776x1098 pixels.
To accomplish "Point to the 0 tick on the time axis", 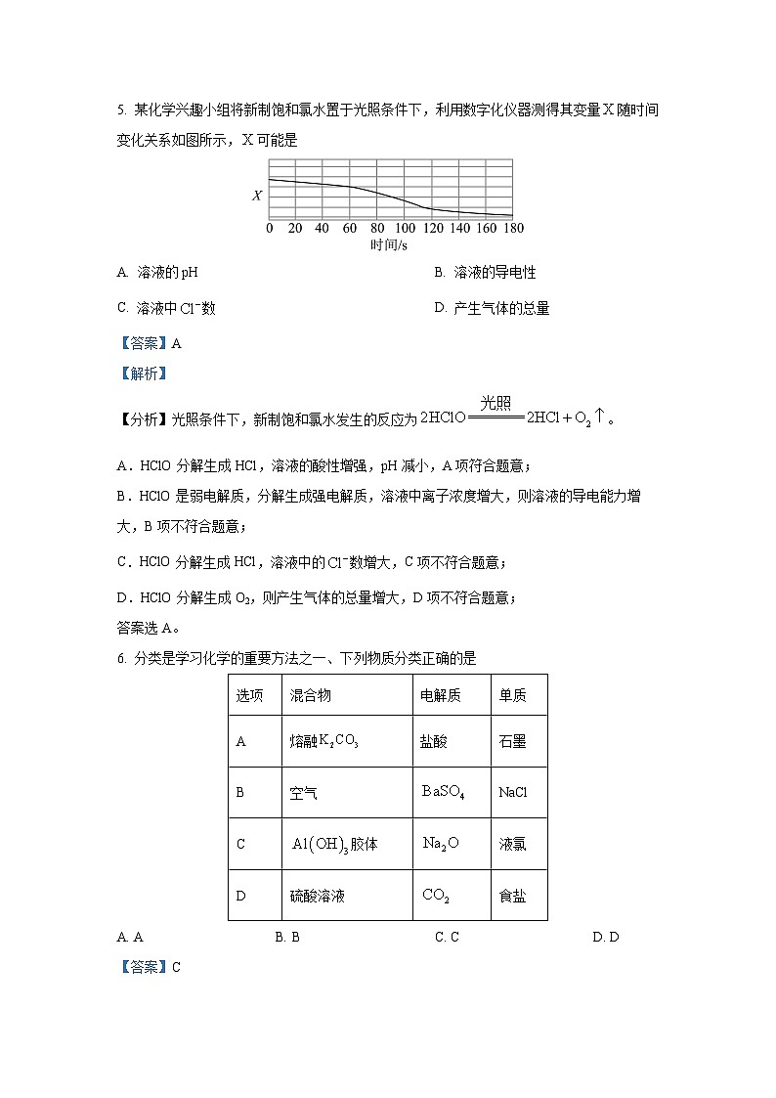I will [x=270, y=229].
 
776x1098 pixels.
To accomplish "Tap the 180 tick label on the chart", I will [x=513, y=229].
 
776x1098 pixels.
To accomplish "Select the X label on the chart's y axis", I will [x=257, y=196].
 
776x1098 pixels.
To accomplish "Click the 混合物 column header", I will [x=311, y=695].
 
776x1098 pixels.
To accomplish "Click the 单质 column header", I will [x=512, y=695].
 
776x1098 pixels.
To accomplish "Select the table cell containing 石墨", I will [x=512, y=742].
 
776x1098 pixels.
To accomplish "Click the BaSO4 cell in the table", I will [x=443, y=792].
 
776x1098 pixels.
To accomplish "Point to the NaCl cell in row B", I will [x=513, y=792].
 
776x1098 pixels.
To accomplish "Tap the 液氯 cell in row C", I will [x=512, y=844].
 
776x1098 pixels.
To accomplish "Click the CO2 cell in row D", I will [x=436, y=896].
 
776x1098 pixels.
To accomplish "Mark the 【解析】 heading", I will [x=143, y=373].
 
